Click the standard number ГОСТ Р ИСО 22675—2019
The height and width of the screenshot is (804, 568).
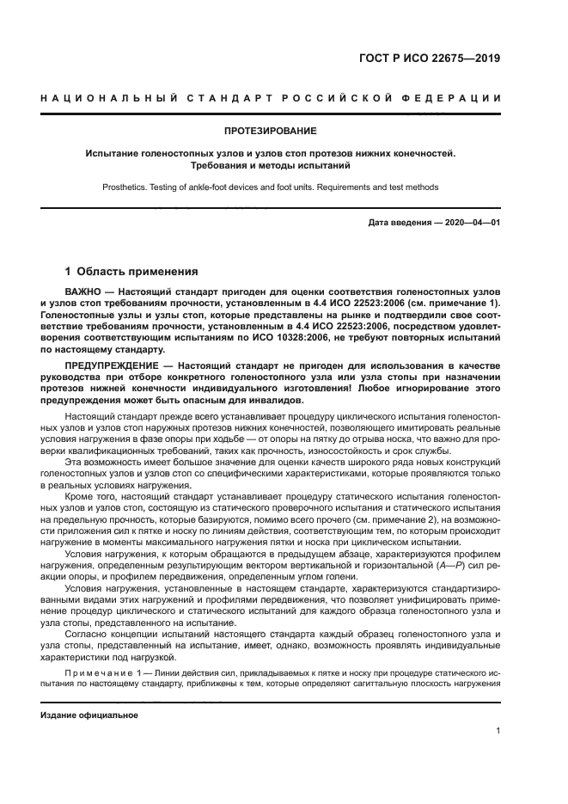pos(431,59)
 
